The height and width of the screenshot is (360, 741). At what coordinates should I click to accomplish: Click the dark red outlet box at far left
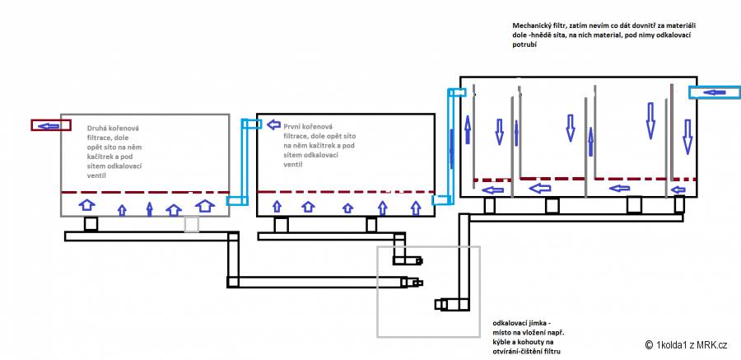click(51, 125)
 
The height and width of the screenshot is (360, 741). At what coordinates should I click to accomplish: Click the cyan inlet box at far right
click(715, 92)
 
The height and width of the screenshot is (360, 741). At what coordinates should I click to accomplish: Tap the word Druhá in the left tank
click(97, 129)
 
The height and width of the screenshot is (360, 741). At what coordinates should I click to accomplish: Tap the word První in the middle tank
click(293, 126)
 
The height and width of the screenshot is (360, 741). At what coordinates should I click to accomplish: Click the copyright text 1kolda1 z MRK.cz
click(691, 345)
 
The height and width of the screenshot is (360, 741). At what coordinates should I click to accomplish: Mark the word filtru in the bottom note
click(557, 352)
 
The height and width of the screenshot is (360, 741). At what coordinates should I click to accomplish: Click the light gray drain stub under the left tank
click(191, 224)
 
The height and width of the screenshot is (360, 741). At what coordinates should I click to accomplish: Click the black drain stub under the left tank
click(91, 224)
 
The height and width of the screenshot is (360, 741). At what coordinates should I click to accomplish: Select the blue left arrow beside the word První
click(273, 124)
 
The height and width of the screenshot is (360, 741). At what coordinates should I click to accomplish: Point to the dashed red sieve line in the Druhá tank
click(145, 193)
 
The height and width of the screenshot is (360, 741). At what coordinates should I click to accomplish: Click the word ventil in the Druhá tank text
click(96, 175)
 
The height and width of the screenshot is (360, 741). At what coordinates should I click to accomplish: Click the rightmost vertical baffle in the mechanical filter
click(672, 133)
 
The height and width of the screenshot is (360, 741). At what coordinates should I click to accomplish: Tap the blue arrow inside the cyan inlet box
click(714, 92)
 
